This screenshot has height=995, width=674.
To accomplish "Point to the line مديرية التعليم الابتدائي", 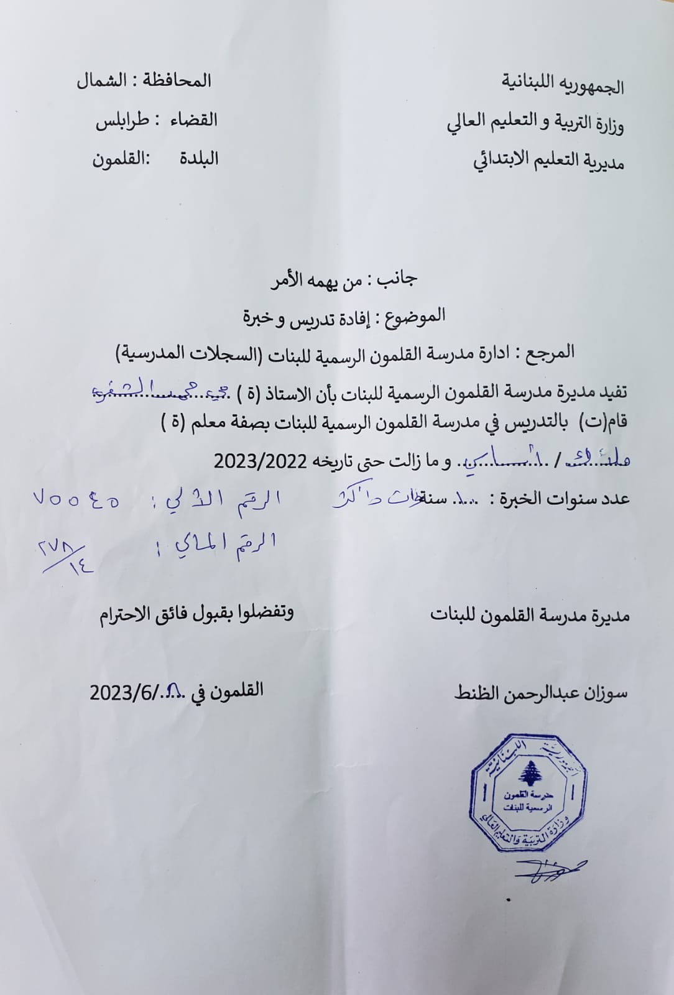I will (550, 160).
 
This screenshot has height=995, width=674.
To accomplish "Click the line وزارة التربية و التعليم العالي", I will (535, 123).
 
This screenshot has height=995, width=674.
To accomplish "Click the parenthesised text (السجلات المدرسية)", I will (188, 354).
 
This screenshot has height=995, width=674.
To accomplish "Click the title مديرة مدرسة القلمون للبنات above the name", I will (530, 615).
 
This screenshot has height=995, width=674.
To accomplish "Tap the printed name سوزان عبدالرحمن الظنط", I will (541, 692).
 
